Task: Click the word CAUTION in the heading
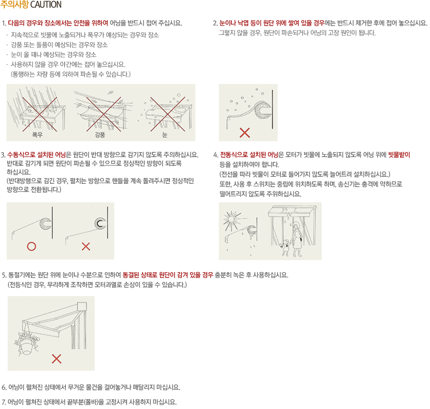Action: tap(46, 5)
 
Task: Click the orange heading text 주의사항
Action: tap(15, 5)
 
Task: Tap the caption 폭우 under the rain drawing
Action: tap(38, 135)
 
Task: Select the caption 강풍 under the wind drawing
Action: tap(100, 135)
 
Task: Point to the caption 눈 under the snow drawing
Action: tap(164, 135)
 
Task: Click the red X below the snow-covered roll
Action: tap(244, 133)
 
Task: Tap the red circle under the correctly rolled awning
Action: tap(32, 246)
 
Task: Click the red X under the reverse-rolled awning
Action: tap(86, 246)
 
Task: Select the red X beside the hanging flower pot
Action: tap(57, 359)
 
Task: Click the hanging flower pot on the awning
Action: tap(27, 344)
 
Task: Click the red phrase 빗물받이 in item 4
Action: tap(399, 155)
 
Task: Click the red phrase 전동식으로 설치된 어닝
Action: tap(249, 155)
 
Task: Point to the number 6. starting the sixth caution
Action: tap(4, 388)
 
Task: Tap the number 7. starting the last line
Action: tap(4, 402)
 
